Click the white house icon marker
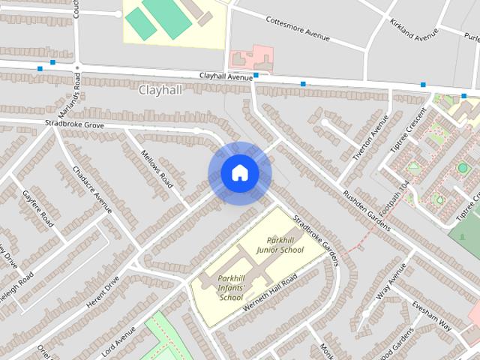(239, 173)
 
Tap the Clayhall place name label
(160, 90)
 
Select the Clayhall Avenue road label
(226, 76)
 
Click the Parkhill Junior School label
(280, 244)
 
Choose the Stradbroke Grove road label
(73, 123)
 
